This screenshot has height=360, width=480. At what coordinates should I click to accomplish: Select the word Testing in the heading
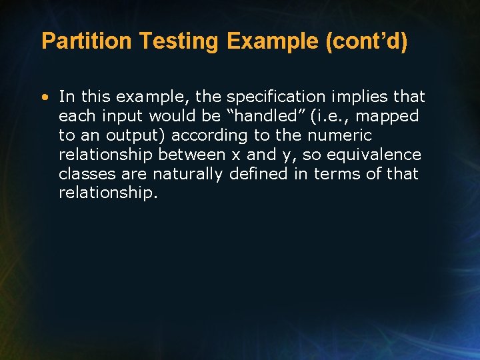point(179,41)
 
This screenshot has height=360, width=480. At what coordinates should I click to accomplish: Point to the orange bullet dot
point(44,97)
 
